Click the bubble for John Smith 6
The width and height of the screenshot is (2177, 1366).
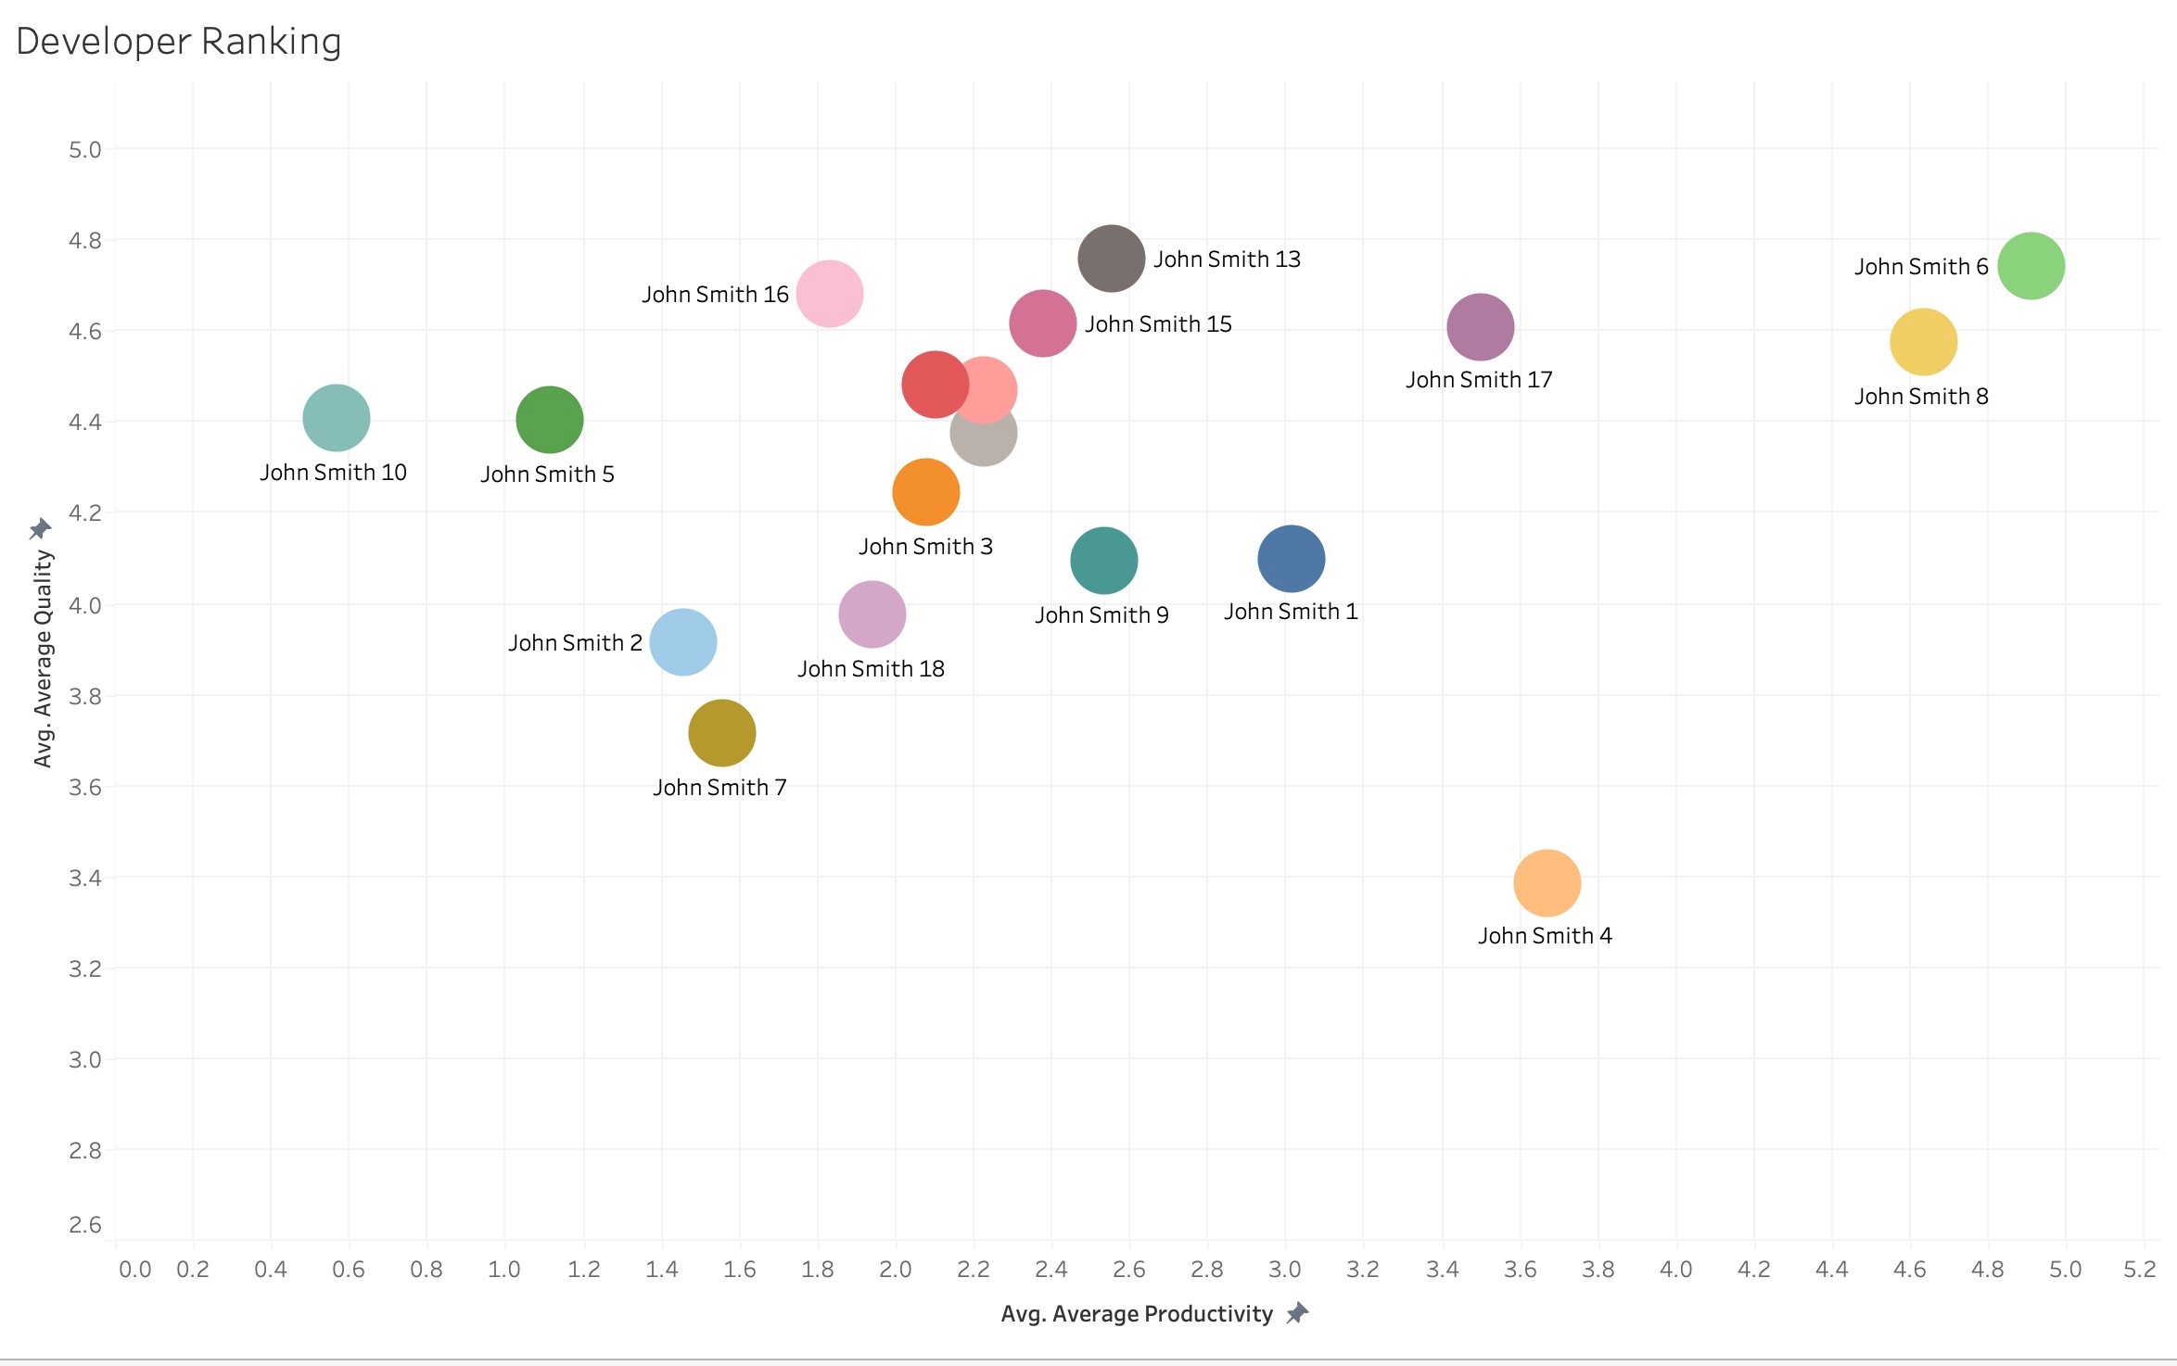(2031, 266)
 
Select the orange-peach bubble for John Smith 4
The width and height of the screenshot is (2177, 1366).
(1547, 883)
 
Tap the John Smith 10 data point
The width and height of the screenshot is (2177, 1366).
(337, 418)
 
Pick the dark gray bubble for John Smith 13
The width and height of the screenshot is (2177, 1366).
(1111, 259)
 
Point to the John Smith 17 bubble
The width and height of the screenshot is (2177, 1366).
(1480, 327)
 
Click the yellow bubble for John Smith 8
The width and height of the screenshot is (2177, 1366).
(1923, 342)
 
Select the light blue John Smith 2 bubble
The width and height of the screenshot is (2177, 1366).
(683, 642)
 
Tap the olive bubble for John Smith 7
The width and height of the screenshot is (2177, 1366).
(721, 733)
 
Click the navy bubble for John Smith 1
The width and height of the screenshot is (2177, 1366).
(1291, 559)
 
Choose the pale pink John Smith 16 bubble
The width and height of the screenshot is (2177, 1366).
(830, 294)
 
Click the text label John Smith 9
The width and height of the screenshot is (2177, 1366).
(1101, 615)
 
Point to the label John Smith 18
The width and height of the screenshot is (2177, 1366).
(871, 669)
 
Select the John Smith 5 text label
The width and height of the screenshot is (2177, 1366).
(547, 474)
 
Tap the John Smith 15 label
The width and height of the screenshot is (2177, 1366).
(1158, 324)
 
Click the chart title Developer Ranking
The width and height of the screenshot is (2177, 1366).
(179, 42)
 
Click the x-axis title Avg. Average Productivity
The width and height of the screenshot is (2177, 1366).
(1137, 1314)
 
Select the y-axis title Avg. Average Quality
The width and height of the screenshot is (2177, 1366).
(43, 658)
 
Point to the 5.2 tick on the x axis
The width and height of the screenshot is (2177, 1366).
(2140, 1270)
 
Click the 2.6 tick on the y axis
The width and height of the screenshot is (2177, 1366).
(85, 1224)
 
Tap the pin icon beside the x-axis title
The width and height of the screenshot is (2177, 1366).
(1297, 1313)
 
